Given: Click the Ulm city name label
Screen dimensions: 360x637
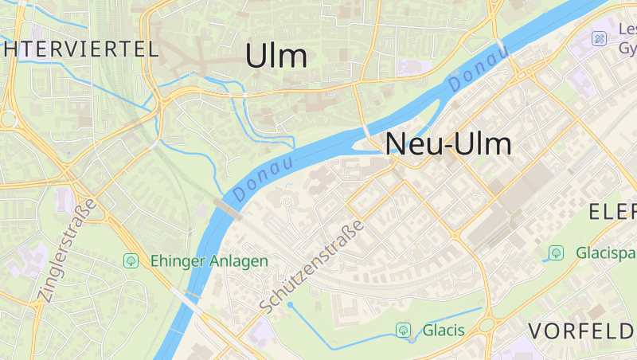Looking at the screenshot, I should [x=276, y=56].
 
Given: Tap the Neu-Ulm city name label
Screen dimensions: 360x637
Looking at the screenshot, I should [x=448, y=144].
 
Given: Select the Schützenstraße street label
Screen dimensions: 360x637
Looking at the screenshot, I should [x=312, y=265].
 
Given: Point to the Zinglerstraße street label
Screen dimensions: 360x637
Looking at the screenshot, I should [x=67, y=250].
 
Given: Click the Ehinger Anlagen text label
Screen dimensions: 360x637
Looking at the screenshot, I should [x=209, y=260].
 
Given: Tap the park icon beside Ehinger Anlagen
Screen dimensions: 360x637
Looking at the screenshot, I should [x=131, y=260].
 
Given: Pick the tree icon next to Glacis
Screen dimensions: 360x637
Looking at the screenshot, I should [x=404, y=330].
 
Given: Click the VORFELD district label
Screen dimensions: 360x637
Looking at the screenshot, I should [x=582, y=331].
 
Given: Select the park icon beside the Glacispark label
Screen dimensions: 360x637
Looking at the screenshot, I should [x=557, y=253].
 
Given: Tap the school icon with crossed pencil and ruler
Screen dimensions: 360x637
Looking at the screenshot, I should [x=599, y=38].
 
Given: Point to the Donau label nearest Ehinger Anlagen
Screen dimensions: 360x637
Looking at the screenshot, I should [x=264, y=178].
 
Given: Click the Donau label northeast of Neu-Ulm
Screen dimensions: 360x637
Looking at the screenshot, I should [x=478, y=68].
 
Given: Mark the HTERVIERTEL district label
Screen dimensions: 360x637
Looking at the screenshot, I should [x=80, y=49].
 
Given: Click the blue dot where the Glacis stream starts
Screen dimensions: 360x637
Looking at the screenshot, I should [x=291, y=304].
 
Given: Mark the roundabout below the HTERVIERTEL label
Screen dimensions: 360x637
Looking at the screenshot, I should [x=8, y=119].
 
